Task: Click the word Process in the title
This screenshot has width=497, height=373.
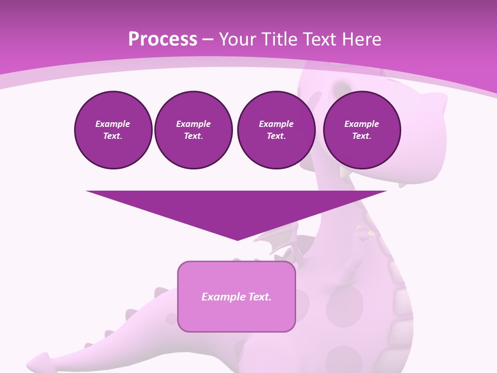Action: (x=163, y=39)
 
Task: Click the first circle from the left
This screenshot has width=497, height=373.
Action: (x=113, y=130)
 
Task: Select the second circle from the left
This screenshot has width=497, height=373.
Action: (x=193, y=130)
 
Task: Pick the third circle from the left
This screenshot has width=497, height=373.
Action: (x=276, y=130)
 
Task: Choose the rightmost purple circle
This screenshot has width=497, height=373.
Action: (x=361, y=130)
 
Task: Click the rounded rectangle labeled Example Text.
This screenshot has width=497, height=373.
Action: (x=236, y=296)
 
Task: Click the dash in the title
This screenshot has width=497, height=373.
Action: (x=208, y=39)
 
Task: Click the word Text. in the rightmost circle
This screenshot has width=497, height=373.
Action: (x=361, y=136)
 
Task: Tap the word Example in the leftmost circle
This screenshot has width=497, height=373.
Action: (x=113, y=124)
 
